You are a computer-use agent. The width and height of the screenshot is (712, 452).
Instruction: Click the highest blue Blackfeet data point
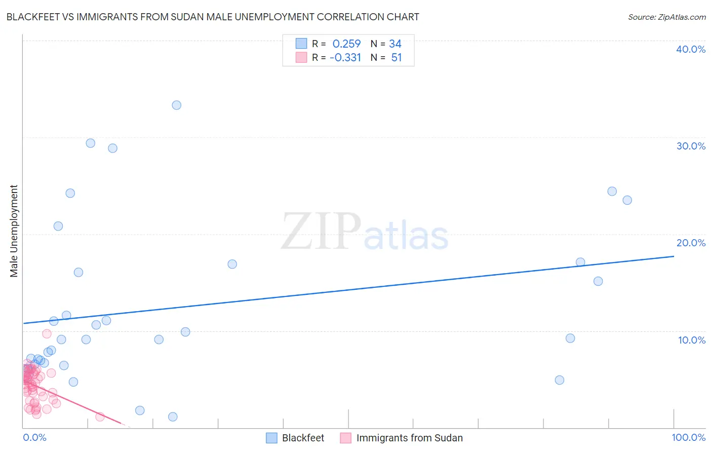coord(176,105)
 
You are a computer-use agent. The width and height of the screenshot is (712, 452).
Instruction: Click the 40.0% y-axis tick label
coord(691,49)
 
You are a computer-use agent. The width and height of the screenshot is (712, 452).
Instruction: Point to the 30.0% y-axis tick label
coord(691,146)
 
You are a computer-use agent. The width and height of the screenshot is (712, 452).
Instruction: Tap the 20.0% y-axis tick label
coord(691,243)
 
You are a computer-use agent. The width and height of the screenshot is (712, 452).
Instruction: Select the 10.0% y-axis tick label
coord(691,340)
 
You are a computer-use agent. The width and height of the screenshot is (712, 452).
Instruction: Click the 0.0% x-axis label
coord(34,437)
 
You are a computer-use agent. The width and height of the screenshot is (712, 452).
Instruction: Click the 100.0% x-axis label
coord(688,437)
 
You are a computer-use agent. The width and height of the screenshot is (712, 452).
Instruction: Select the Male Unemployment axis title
coord(14,231)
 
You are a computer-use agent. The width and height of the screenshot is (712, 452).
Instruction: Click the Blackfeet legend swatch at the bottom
coord(272,438)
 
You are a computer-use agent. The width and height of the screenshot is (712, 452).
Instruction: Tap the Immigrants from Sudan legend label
coord(409,438)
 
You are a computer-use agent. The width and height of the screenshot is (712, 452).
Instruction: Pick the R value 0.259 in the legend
coord(346,44)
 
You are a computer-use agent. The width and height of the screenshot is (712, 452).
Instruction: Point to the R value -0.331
coord(345,58)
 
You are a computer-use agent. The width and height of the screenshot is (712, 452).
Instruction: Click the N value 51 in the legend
coord(397,58)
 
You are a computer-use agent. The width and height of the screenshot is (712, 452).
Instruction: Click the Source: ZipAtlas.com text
coord(666,17)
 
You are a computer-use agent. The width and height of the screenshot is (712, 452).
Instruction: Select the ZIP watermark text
coord(321,232)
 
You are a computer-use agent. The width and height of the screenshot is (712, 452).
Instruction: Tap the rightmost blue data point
coord(627,200)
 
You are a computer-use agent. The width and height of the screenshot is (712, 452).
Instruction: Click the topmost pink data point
coord(47,333)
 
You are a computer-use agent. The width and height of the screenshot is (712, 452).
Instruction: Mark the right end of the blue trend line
coord(674,256)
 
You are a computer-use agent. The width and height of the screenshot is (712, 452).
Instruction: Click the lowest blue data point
coord(173,417)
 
